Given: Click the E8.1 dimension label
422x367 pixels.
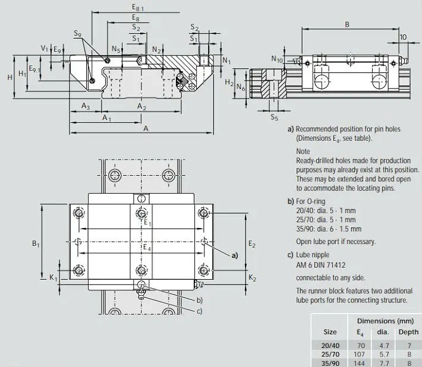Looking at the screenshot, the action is [x=138, y=7].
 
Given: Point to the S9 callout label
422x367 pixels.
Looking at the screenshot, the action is [x=77, y=33].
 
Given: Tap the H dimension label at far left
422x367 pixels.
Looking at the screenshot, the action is [x=10, y=77].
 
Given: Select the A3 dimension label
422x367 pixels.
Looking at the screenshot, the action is [x=86, y=106].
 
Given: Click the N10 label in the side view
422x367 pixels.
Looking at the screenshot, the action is [x=276, y=59].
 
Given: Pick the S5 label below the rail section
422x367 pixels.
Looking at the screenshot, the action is [x=274, y=117].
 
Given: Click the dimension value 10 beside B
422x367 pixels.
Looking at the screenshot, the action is [x=403, y=37].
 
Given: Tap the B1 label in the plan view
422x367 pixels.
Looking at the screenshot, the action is [x=36, y=243].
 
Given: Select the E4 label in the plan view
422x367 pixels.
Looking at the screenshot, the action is [x=147, y=248].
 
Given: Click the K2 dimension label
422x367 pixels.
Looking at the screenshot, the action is [x=252, y=277].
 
